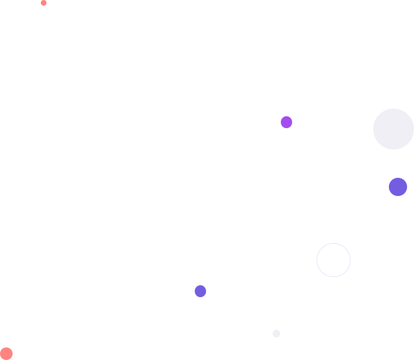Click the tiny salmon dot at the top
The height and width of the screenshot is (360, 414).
43,3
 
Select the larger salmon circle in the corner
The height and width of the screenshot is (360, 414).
6,354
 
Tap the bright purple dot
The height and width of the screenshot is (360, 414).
286,122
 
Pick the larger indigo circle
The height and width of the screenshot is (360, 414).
398,187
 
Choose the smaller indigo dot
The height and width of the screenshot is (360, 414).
200,291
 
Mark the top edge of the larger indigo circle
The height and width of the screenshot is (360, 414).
398,178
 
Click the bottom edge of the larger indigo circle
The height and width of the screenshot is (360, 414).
398,195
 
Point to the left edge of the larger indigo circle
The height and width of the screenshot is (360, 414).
389,187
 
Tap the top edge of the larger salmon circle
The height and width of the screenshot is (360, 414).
6,347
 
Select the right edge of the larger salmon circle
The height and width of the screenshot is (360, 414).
12,354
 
